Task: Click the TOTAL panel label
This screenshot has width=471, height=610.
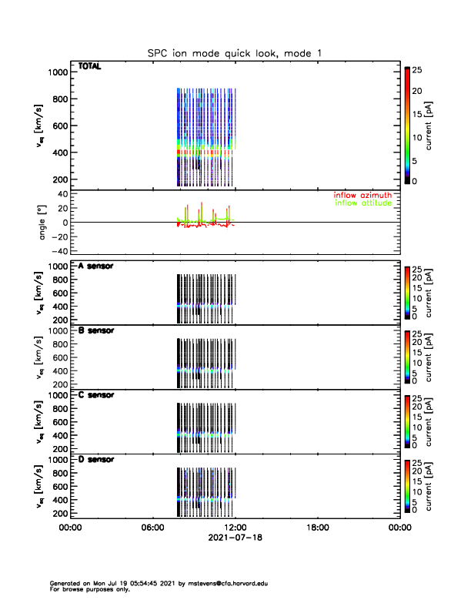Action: click(89, 66)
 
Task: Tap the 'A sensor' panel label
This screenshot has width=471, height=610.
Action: click(96, 266)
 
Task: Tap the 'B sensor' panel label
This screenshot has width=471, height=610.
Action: click(96, 330)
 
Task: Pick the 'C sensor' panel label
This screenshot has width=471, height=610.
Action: click(96, 395)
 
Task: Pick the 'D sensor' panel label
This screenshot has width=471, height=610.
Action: click(96, 460)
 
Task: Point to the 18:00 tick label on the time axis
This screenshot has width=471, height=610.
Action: click(317, 528)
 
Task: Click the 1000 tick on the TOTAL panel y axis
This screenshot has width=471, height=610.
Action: click(59, 72)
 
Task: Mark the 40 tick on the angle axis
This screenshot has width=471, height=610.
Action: click(63, 194)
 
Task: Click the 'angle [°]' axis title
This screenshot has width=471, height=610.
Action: click(44, 223)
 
